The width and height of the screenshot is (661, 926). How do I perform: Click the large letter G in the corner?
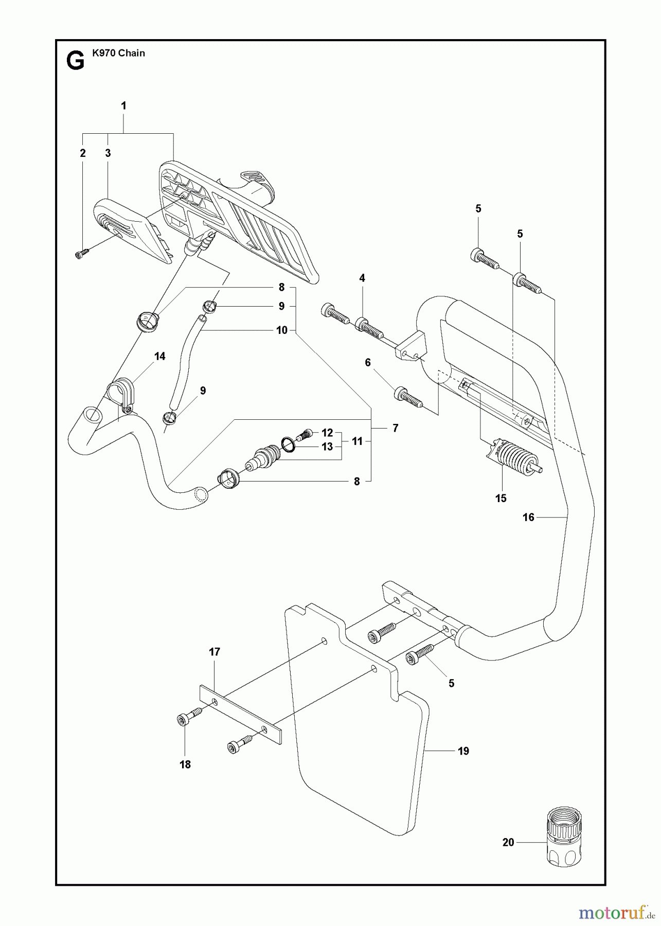click(x=76, y=61)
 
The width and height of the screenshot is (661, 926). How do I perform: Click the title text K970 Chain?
click(x=118, y=53)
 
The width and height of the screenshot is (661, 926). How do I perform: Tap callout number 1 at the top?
click(x=123, y=105)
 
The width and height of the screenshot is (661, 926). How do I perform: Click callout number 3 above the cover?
click(x=108, y=153)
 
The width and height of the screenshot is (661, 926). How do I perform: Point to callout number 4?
click(x=362, y=278)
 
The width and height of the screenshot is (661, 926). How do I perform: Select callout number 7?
click(x=395, y=428)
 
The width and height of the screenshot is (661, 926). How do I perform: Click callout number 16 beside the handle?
click(x=528, y=518)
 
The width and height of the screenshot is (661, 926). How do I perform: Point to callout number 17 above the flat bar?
click(x=215, y=652)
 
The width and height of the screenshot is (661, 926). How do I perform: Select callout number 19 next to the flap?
click(x=463, y=751)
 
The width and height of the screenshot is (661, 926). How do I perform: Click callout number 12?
click(x=328, y=433)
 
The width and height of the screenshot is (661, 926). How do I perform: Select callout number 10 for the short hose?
click(x=282, y=330)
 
